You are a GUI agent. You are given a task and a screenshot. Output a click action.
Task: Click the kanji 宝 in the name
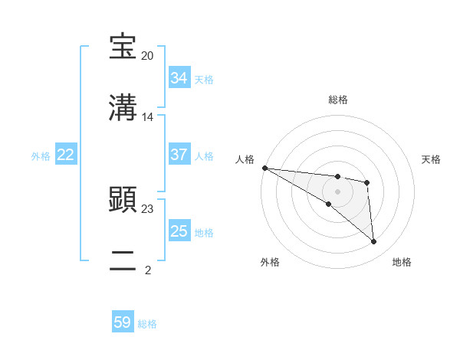pos(123,47)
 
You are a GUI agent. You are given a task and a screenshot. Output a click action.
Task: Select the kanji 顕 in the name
pos(123,199)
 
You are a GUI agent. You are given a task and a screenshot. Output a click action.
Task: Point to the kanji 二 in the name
pos(123,260)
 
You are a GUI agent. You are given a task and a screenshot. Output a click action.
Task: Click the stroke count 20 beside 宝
pos(147,56)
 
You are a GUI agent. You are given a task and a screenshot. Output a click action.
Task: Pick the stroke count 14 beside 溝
pos(147,117)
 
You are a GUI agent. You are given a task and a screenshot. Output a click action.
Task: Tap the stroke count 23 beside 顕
pos(147,208)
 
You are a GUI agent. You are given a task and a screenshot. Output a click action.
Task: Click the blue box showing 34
pos(179,78)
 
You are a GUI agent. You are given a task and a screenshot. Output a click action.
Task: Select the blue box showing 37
pos(179,155)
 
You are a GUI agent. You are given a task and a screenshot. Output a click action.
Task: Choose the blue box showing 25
pos(179,231)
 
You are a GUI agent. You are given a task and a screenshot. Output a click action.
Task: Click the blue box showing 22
pos(66,155)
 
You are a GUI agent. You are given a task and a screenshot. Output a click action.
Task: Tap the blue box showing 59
pos(123,322)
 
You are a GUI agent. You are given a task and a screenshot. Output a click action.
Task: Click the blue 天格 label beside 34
pos(204,79)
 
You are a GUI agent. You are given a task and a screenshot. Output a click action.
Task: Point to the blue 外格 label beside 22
pos(41,155)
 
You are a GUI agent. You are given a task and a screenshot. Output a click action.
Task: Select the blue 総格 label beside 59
pos(147,323)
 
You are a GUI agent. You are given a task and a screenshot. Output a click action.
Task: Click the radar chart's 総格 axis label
pos(338,100)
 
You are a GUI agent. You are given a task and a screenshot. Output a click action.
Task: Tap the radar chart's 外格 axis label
pos(270,262)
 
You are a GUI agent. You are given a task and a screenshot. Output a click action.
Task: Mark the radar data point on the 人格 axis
pos(264,168)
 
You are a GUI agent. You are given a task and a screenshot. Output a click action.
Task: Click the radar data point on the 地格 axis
pos(374,242)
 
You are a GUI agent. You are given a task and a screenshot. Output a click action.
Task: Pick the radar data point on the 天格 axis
pos(367,182)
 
